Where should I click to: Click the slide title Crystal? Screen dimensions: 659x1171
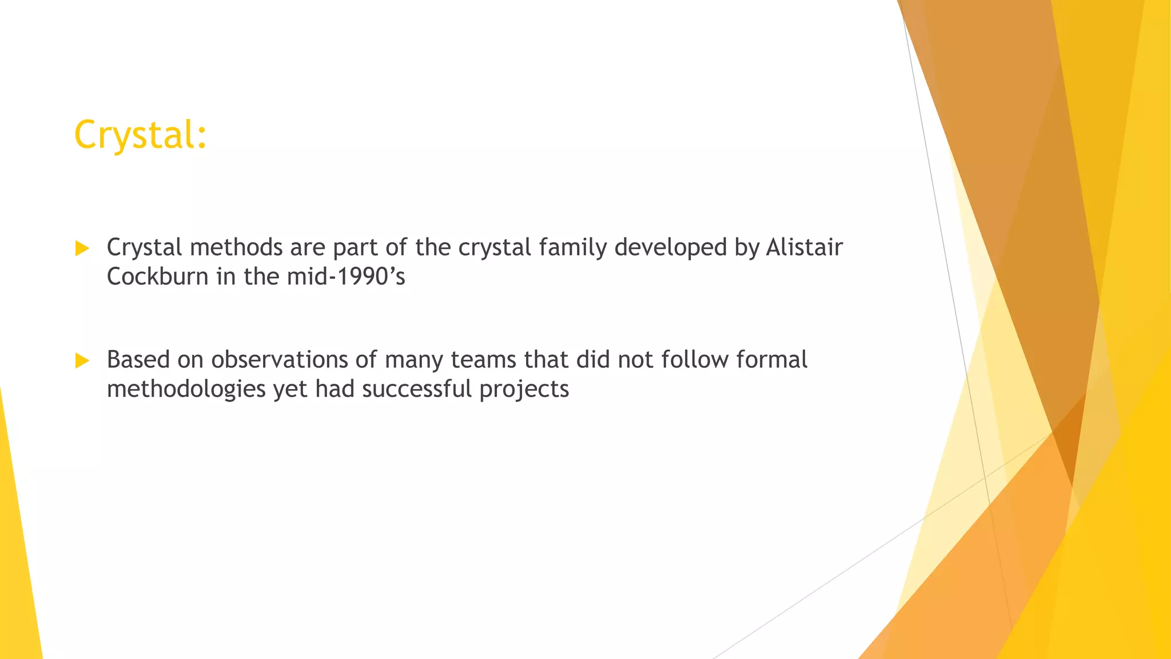point(140,135)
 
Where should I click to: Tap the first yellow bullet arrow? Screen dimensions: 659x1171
point(82,248)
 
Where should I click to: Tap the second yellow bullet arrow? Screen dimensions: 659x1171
point(82,361)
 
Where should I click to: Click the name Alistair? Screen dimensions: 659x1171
point(804,247)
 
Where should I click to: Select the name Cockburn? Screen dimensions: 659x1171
point(157,277)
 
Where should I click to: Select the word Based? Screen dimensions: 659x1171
point(138,360)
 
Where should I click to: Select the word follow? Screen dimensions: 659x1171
point(695,360)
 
